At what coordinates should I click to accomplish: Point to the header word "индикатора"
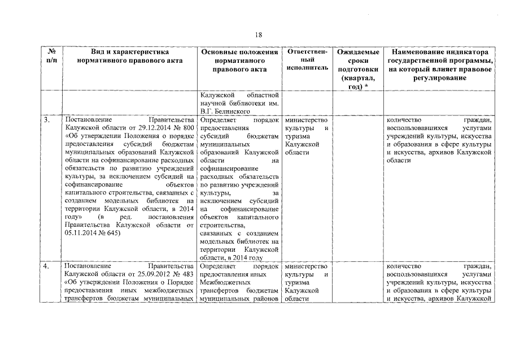coord(466,51)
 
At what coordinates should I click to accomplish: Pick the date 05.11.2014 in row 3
coord(82,232)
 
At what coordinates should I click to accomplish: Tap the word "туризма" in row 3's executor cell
coord(298,136)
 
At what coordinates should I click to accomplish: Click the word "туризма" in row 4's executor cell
coord(298,282)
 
